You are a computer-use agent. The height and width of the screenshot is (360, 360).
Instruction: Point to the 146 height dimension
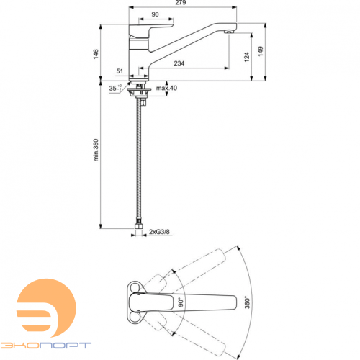tap(95, 55)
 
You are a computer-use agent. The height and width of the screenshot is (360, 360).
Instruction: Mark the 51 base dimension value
tap(120, 72)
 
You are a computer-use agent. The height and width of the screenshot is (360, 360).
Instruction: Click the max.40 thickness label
tap(166, 88)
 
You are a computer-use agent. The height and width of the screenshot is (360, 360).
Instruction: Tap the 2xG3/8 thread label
tap(160, 230)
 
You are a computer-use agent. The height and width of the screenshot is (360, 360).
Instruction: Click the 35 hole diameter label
tap(112, 88)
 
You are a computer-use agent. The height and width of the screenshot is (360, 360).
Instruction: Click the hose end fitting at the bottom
tap(139, 230)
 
